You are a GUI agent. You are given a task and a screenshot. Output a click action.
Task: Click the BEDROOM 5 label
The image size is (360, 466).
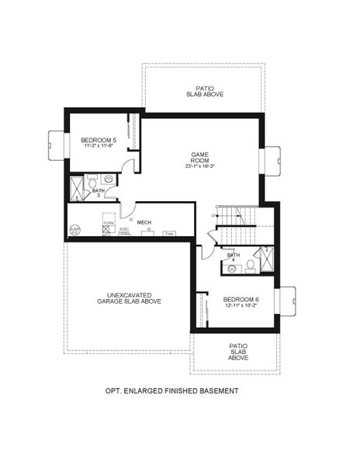(x=99, y=140)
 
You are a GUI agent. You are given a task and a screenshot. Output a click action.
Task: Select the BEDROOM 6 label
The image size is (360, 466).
(x=240, y=299)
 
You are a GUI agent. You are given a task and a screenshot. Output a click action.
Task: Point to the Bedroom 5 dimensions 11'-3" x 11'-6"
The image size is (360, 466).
(x=99, y=146)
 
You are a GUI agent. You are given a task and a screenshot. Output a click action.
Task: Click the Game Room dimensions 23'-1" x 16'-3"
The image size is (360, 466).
(x=201, y=166)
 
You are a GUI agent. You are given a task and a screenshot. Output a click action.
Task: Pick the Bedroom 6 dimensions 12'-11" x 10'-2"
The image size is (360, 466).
(x=240, y=305)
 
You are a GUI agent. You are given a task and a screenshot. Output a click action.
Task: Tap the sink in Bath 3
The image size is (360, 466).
(x=109, y=179)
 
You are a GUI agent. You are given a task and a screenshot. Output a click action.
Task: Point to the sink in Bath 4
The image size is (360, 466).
(x=232, y=268)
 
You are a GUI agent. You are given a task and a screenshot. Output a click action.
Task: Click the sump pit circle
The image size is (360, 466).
(x=74, y=230)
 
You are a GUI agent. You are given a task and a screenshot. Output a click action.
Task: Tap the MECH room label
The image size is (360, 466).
(x=144, y=222)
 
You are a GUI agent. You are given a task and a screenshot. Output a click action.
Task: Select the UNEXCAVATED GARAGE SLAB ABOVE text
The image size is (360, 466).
(x=129, y=298)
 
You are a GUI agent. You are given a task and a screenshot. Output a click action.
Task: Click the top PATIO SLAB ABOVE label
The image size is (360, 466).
(x=206, y=90)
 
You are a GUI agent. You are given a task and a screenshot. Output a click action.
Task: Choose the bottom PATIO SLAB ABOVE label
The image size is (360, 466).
(x=238, y=352)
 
